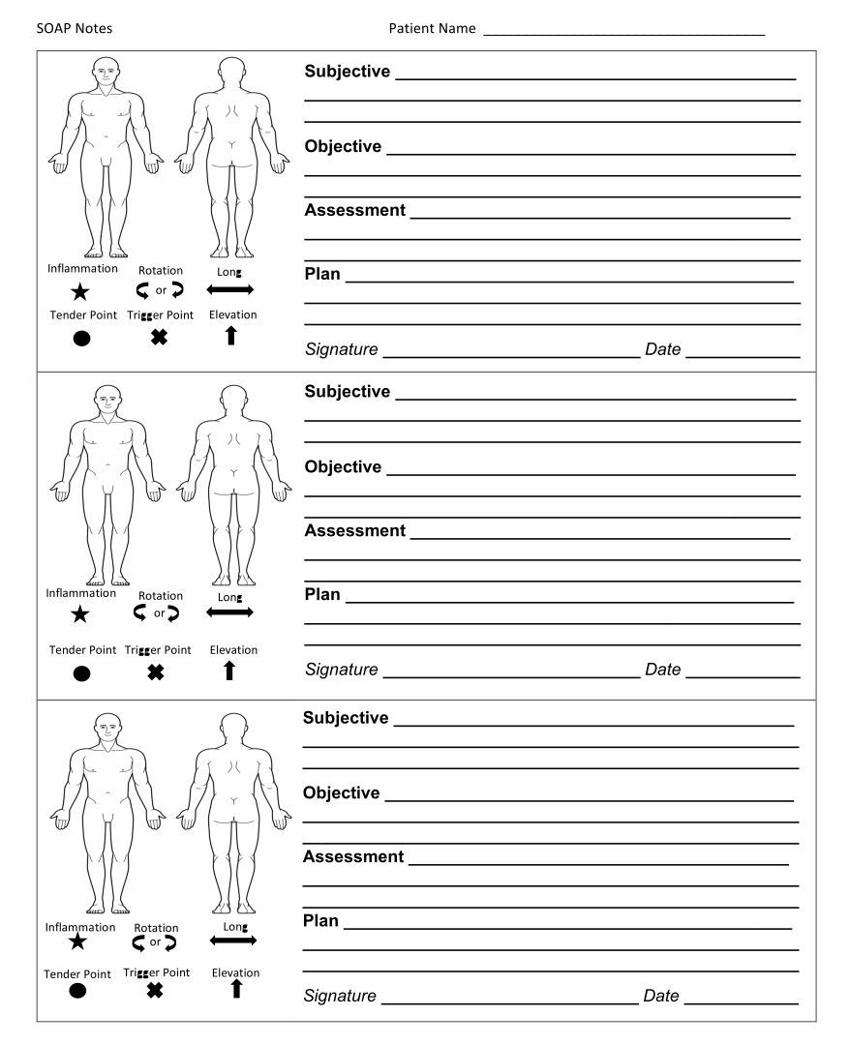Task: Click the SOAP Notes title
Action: point(75,28)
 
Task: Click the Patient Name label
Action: point(432,28)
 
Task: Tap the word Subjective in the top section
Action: point(348,72)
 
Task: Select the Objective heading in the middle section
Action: point(343,466)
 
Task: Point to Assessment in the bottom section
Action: point(353,856)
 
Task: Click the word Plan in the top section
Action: point(322,274)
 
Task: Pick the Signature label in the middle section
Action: point(341,670)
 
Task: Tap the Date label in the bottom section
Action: point(661,996)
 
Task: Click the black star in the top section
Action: point(80,291)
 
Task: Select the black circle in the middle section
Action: point(81,673)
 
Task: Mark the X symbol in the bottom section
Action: point(155,990)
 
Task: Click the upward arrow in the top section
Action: point(230,336)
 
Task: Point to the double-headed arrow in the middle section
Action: point(229,612)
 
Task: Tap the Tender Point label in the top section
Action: point(83,314)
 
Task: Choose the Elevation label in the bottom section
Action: point(235,972)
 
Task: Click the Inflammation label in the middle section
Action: point(81,593)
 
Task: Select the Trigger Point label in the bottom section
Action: point(157,972)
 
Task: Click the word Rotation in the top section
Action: point(160,271)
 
